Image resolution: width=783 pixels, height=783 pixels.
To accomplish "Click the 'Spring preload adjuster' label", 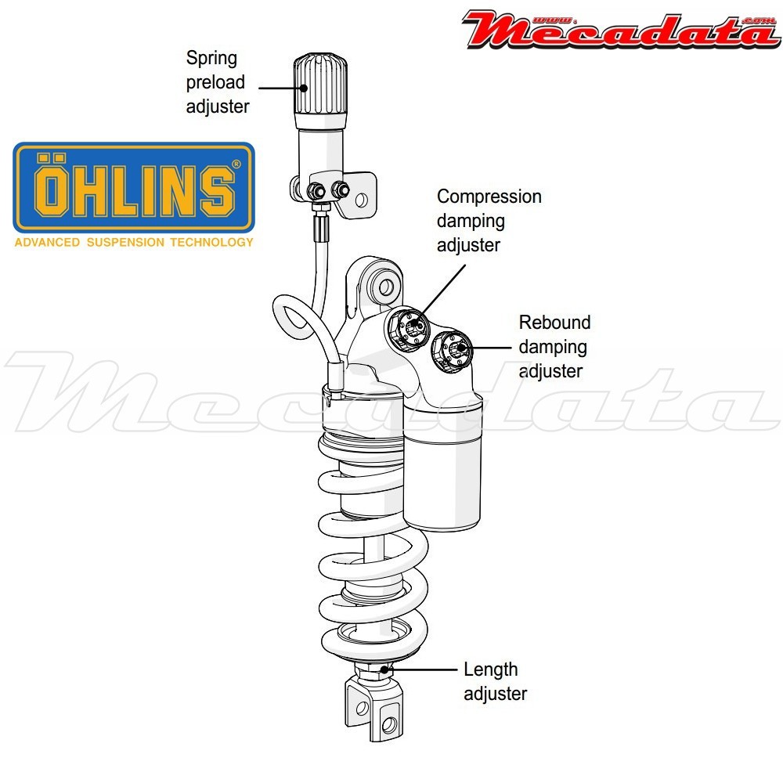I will [x=217, y=82].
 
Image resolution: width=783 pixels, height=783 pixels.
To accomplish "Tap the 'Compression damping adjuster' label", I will [x=489, y=220].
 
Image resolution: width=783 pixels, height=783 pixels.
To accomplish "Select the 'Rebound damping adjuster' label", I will [x=554, y=346].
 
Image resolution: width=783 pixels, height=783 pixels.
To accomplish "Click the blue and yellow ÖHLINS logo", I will [x=134, y=188].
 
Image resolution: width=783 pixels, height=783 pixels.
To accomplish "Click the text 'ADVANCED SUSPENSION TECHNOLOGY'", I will [x=134, y=242].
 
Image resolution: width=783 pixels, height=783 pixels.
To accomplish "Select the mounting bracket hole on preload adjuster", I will [x=361, y=200].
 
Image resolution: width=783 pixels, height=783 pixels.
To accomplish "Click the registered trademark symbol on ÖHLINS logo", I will [x=236, y=165].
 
